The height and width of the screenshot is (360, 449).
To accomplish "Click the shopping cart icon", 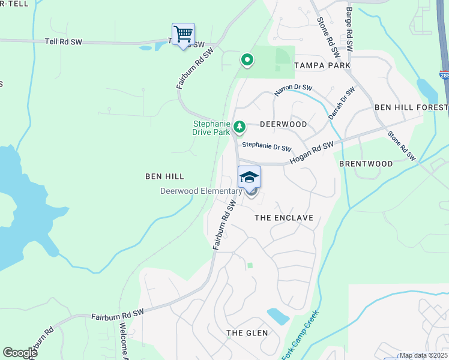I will (x=183, y=34).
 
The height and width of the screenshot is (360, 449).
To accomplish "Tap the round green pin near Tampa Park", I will (x=246, y=59).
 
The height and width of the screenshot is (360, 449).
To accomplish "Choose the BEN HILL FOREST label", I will (x=411, y=107).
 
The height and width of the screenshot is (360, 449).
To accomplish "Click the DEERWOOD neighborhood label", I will (x=283, y=124).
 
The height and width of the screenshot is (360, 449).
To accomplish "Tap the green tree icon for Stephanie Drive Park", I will (x=240, y=126).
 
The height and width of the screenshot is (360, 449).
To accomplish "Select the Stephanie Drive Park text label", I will (x=211, y=128).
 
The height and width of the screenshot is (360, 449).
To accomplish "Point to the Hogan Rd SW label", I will (x=311, y=153).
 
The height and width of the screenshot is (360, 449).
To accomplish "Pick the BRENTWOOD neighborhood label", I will (x=366, y=163).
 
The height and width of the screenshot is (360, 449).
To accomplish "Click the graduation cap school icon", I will (x=249, y=176).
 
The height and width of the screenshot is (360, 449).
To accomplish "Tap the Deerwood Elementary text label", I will (x=200, y=191).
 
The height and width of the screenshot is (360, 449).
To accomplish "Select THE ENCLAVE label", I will (x=284, y=218).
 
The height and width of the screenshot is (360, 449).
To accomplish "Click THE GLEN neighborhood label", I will (x=243, y=333).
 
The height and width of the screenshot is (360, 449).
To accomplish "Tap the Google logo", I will (x=20, y=353).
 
